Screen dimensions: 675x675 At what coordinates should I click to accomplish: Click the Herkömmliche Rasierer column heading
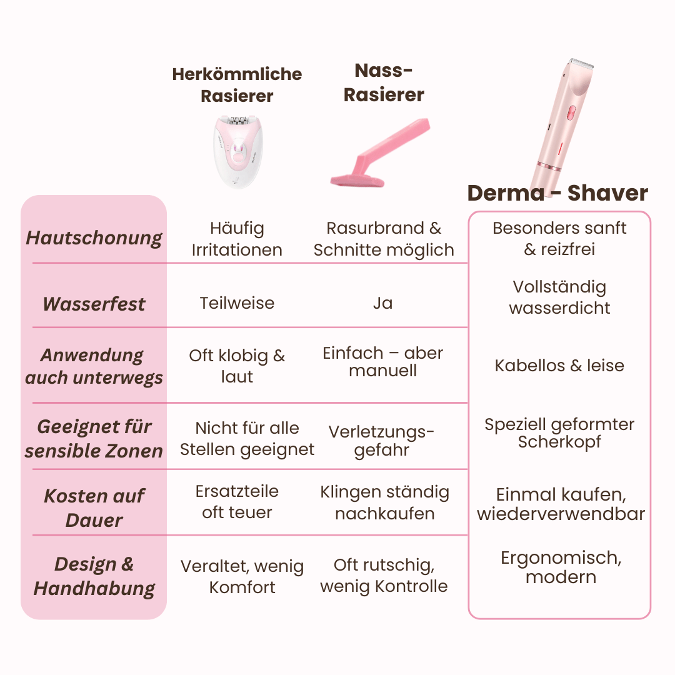(x=237, y=85)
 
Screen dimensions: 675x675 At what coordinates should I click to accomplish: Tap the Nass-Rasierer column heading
(x=384, y=82)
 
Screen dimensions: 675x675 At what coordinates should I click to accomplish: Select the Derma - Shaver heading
(x=557, y=193)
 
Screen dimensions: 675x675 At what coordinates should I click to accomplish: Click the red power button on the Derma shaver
(x=571, y=113)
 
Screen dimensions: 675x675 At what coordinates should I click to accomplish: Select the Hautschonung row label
(x=94, y=238)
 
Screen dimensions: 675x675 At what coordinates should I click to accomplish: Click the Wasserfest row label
(x=94, y=304)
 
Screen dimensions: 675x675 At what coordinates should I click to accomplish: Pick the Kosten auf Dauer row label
(x=94, y=507)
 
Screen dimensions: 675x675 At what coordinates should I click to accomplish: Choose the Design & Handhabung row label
(x=94, y=576)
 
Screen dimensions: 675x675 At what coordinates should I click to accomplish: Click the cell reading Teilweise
(x=237, y=303)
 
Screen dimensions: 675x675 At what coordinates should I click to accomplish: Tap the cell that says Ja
(x=382, y=303)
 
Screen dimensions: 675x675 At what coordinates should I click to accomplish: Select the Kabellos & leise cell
(x=559, y=366)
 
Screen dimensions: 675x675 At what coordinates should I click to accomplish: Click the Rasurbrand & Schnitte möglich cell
(x=384, y=239)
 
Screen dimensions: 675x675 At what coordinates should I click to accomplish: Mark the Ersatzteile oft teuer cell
(x=237, y=502)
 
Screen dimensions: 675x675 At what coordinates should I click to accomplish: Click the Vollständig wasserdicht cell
(x=559, y=297)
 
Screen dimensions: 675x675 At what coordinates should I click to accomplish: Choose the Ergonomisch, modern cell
(x=561, y=567)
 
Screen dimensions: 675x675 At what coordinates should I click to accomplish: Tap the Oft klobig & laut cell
(x=237, y=366)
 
